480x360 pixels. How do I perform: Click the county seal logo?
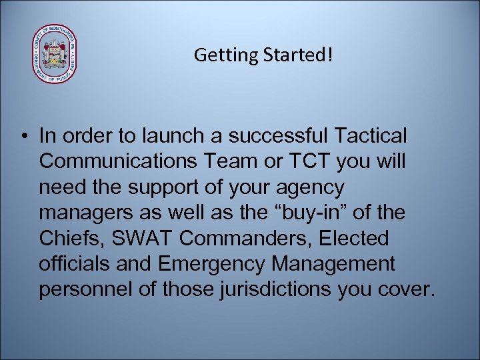(55, 55)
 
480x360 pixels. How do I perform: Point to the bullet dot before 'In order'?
(23, 137)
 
